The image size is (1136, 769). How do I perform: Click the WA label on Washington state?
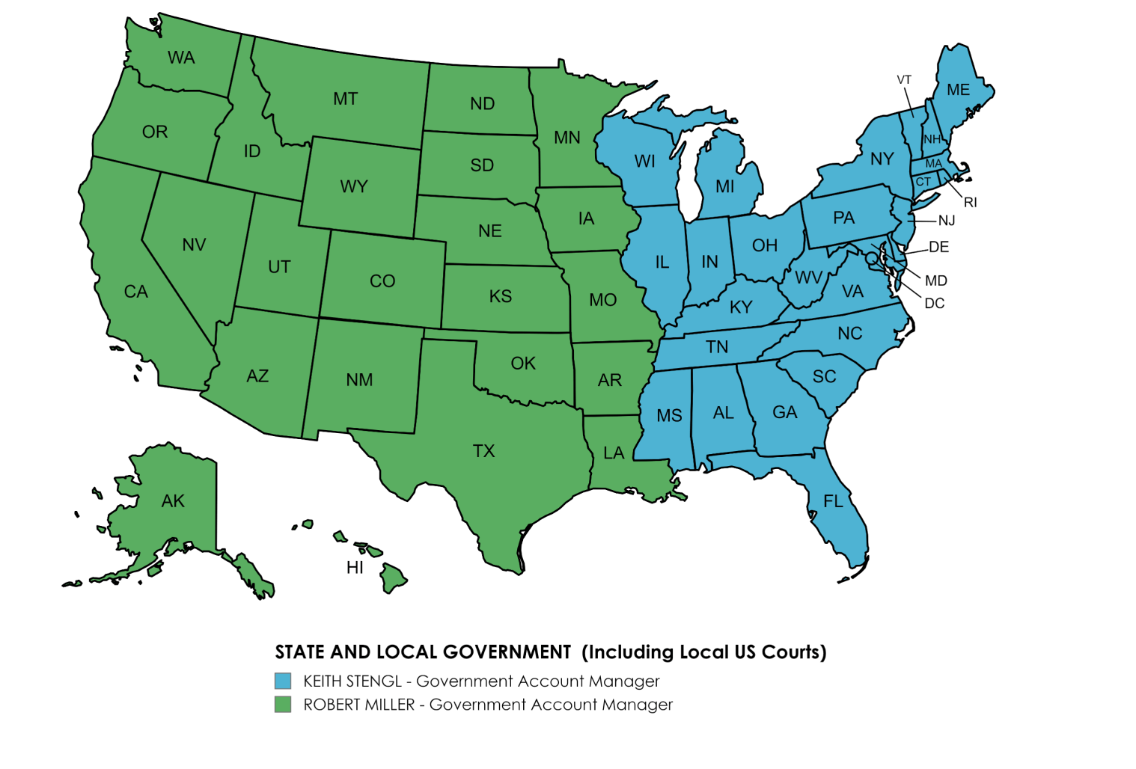pyautogui.click(x=181, y=58)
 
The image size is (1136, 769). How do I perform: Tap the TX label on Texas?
pyautogui.click(x=483, y=451)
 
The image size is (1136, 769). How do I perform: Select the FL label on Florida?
pyautogui.click(x=833, y=501)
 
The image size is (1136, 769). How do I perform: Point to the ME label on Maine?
pyautogui.click(x=958, y=90)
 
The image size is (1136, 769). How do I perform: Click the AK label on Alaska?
pyautogui.click(x=173, y=501)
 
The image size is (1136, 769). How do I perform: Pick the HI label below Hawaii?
pyautogui.click(x=355, y=568)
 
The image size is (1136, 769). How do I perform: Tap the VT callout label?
pyautogui.click(x=904, y=80)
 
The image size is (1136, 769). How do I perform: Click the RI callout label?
pyautogui.click(x=970, y=203)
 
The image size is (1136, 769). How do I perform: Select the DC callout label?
pyautogui.click(x=934, y=303)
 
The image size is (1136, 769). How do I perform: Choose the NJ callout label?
pyautogui.click(x=947, y=221)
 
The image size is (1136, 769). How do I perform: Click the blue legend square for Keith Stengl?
pyautogui.click(x=283, y=681)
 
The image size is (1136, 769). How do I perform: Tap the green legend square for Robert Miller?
pyautogui.click(x=283, y=705)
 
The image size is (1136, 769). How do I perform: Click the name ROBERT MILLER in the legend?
pyautogui.click(x=358, y=705)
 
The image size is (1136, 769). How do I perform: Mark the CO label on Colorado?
pyautogui.click(x=382, y=281)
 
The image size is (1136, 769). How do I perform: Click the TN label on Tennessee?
pyautogui.click(x=717, y=347)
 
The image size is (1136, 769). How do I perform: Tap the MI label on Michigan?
pyautogui.click(x=724, y=186)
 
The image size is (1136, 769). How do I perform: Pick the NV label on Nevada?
pyautogui.click(x=194, y=245)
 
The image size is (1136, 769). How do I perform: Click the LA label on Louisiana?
pyautogui.click(x=614, y=453)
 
